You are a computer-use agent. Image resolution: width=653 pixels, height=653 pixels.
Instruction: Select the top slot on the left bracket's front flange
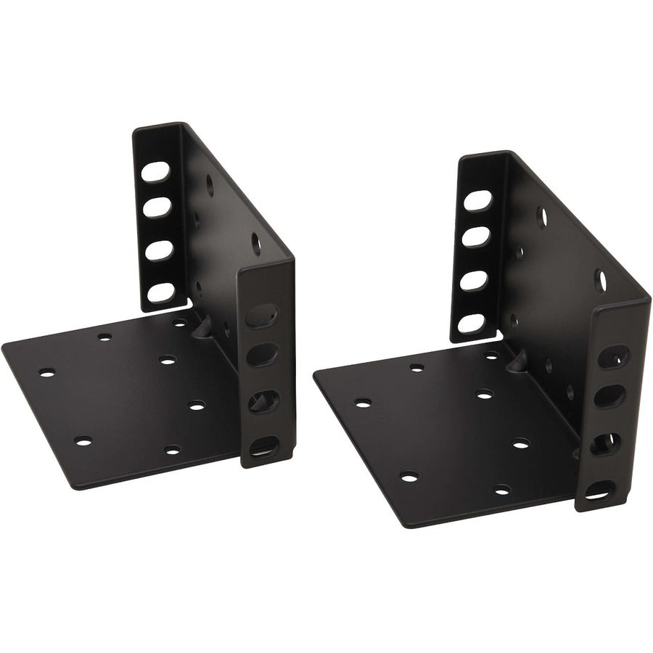pyautogui.click(x=261, y=316)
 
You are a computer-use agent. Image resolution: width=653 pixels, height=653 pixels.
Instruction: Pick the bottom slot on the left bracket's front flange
pyautogui.click(x=262, y=444)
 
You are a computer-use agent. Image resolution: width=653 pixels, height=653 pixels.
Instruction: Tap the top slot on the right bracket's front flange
pyautogui.click(x=614, y=356)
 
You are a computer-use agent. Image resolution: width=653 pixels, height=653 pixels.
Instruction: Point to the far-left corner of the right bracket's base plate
pyautogui.click(x=314, y=375)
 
